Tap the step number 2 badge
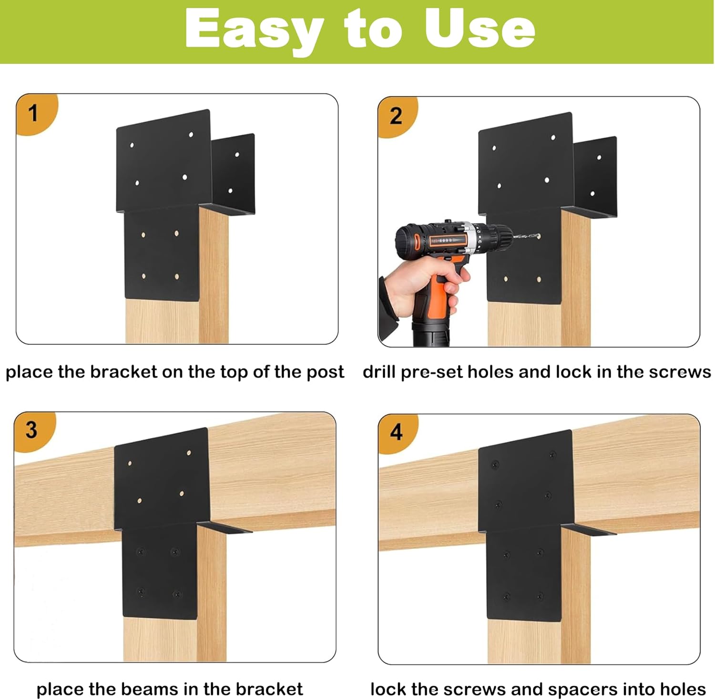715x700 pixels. [396, 116]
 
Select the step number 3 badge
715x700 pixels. [31, 430]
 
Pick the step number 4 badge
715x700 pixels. [396, 432]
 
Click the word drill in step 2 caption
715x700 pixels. [379, 372]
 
